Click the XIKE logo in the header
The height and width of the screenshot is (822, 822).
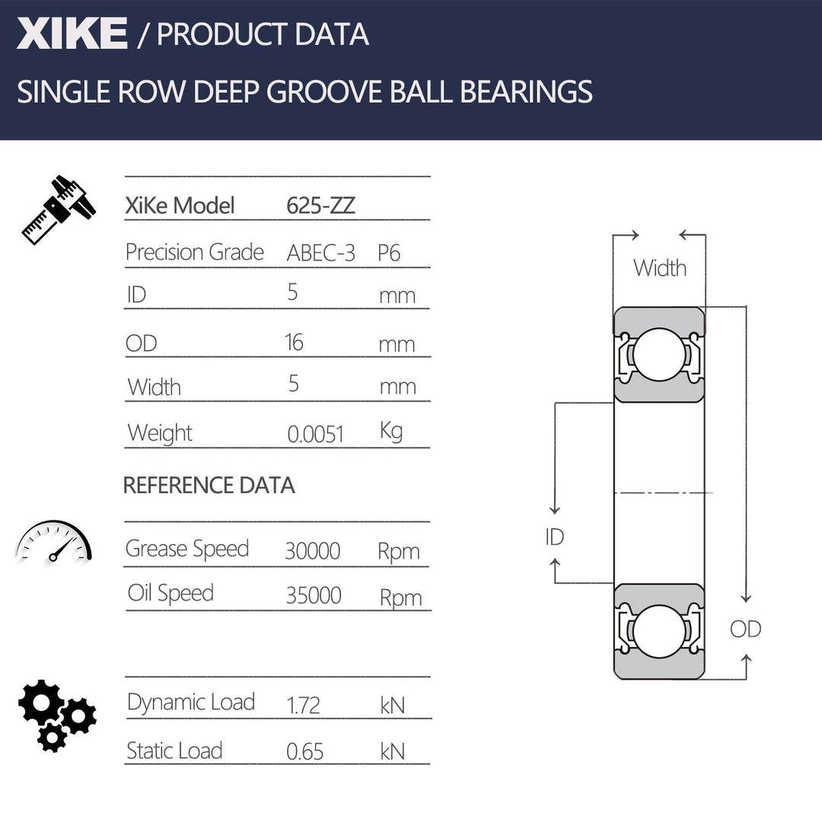coord(72,34)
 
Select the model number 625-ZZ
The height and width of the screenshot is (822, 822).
coord(320,205)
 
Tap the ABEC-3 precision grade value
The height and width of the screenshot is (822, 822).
coord(320,253)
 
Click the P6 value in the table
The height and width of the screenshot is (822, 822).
coord(389,253)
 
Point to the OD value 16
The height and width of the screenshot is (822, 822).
coord(294,342)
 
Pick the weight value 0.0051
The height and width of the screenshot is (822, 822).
coord(316,434)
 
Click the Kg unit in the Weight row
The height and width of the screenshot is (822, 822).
coord(391,431)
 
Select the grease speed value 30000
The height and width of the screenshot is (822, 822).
coord(312,551)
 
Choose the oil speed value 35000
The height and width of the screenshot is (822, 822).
coord(313,595)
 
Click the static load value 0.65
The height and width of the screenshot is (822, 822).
coord(304,752)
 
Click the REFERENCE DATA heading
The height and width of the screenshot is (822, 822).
coord(209,486)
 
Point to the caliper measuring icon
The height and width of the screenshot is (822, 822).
coord(58,210)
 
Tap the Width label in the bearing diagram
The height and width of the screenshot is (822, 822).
coord(659,268)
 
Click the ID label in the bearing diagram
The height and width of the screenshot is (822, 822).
coord(554,537)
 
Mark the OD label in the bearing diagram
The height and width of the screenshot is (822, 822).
coord(745,629)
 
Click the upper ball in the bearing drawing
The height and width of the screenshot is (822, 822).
coord(658,354)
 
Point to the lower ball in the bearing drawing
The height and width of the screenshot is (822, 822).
coord(658,631)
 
